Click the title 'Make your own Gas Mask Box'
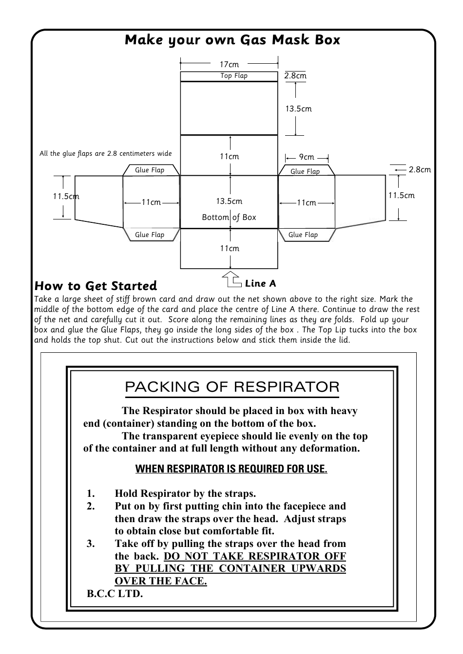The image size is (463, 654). [232, 40]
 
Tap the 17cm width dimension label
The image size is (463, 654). [229, 64]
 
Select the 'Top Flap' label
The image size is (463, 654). [234, 76]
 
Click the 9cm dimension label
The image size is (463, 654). [307, 157]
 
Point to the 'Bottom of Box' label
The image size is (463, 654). [229, 218]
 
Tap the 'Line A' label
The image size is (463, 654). [260, 284]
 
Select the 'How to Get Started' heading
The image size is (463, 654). [96, 286]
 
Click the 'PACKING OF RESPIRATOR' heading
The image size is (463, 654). [232, 387]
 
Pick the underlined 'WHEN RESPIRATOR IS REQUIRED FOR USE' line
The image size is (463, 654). [231, 469]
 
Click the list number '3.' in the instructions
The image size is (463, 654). [91, 544]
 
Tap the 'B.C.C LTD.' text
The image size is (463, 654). [115, 594]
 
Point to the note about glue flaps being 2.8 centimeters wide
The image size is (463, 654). [106, 154]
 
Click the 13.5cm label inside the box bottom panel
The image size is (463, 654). [229, 201]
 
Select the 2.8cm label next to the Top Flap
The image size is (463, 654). [295, 76]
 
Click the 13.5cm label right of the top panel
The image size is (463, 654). [298, 109]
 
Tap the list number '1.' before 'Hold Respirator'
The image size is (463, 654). [91, 494]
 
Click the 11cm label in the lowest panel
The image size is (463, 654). [229, 249]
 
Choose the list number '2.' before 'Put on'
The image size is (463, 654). [91, 507]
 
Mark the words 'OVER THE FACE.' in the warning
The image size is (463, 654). [161, 581]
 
